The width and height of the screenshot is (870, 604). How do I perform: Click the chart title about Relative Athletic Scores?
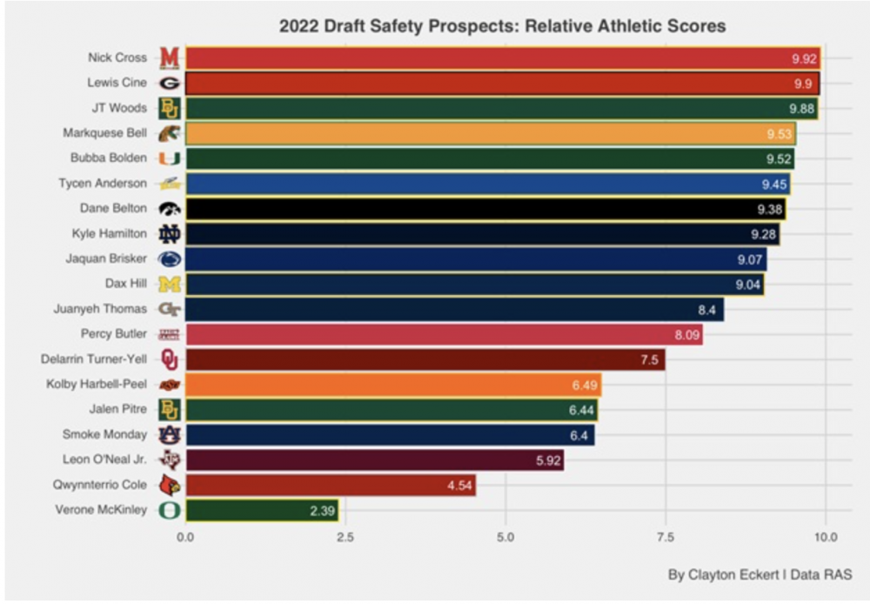coord(502,26)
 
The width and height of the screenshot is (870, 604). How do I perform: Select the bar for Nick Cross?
coord(502,58)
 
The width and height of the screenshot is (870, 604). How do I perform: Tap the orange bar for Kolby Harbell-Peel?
coord(392,384)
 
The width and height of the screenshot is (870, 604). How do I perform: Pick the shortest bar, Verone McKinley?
coord(261,510)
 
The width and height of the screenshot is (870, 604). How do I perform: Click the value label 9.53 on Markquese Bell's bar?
coord(777,134)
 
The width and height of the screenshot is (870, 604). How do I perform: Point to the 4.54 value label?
coord(458,485)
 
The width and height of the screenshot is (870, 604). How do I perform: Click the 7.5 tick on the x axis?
coord(666,538)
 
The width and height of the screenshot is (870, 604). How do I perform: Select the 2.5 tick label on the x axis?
coord(345,538)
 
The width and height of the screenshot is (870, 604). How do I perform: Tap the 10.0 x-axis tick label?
coord(825,538)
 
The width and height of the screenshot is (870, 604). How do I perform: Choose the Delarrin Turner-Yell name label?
coord(94,359)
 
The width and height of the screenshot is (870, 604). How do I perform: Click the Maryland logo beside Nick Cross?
coord(169,58)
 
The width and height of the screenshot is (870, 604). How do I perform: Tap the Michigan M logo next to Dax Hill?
coord(169,284)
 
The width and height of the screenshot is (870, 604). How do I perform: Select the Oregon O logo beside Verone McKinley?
coord(169,510)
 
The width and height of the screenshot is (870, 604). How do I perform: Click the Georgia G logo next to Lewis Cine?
coord(169,84)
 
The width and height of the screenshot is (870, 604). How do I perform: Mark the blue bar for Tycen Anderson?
coord(487,184)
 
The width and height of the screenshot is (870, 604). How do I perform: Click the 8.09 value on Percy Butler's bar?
coord(685,334)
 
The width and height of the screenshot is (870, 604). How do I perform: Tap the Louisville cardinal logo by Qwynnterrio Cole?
coord(169,485)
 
